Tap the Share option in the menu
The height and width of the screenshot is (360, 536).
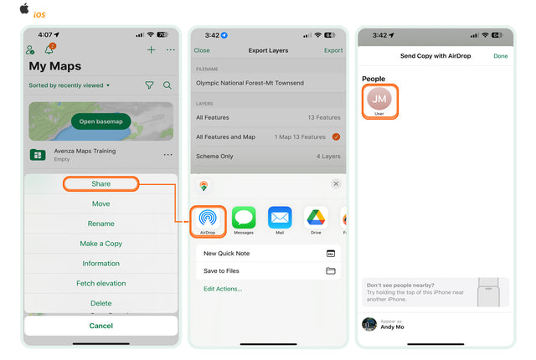click(x=100, y=183)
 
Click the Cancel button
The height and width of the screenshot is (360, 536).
click(x=100, y=325)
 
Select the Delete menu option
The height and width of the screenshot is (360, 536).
click(x=100, y=303)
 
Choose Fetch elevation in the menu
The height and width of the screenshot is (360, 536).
click(x=100, y=283)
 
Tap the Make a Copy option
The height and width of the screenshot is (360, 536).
click(x=100, y=244)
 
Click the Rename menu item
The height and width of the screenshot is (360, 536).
click(x=100, y=224)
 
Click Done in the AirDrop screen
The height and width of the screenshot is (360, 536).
click(x=500, y=56)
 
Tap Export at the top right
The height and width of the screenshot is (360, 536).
click(x=332, y=50)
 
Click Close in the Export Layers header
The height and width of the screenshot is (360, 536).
click(x=202, y=50)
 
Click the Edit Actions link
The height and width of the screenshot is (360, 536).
click(x=223, y=289)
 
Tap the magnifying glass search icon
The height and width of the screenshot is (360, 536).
click(x=167, y=85)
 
